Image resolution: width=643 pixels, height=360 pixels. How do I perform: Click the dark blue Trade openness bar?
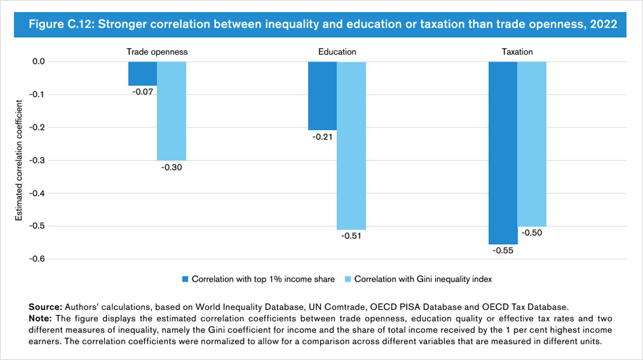tap(142, 73)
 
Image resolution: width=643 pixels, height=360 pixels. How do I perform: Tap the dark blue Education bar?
tap(322, 96)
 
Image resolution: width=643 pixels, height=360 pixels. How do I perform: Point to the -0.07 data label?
tap(142, 93)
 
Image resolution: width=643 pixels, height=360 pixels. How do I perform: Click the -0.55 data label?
tap(502, 251)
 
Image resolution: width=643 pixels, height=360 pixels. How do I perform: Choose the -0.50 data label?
tap(532, 233)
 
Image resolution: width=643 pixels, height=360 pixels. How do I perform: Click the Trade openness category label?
tap(157, 51)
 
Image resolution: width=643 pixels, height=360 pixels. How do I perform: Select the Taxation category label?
tap(517, 51)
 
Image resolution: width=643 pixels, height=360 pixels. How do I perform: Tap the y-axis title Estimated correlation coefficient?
tap(19, 160)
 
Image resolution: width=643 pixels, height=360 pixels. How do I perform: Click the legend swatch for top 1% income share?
tap(186, 279)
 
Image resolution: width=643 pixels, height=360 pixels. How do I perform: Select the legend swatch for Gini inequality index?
tap(349, 279)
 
